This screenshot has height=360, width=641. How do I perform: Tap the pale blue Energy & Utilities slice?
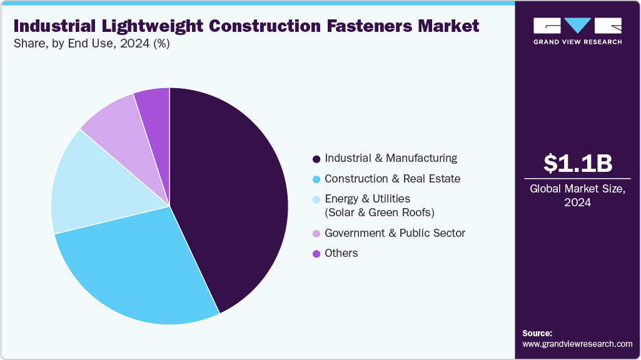coord(94,187)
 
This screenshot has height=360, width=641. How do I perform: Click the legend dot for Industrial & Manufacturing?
coord(316,159)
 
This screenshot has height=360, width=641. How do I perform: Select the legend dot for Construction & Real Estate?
coord(316,179)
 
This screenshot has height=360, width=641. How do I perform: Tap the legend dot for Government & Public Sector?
coord(316,234)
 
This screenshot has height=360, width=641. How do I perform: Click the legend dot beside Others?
coord(316,254)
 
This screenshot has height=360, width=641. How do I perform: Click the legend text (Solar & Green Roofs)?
coord(380,212)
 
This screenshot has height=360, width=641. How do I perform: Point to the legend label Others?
coord(341,253)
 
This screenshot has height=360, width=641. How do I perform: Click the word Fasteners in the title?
coord(345,26)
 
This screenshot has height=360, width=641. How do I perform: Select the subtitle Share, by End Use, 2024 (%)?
coord(91,44)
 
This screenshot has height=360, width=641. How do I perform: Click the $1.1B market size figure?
coord(578,163)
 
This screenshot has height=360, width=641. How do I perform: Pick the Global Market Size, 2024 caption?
coord(577,196)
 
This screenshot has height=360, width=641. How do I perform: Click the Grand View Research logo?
coord(577,31)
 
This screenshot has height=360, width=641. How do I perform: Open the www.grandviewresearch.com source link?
coord(577,344)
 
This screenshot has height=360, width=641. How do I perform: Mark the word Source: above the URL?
coord(537,333)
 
